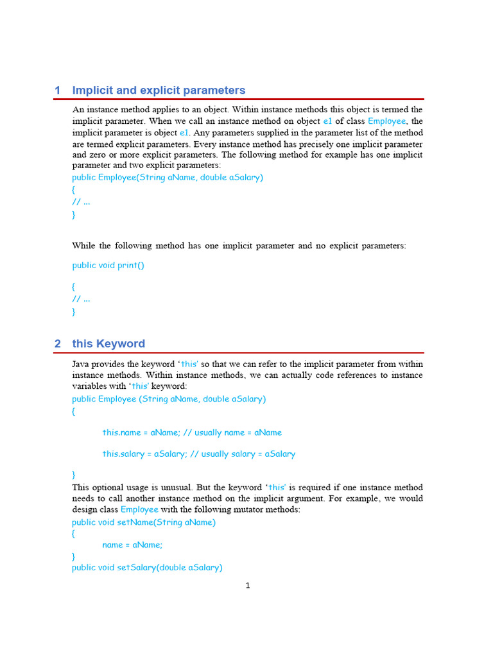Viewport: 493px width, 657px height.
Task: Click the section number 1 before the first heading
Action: (58, 90)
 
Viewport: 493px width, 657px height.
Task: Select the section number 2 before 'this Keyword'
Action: (58, 344)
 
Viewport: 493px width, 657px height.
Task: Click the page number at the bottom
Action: (248, 585)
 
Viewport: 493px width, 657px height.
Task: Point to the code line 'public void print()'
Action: (108, 265)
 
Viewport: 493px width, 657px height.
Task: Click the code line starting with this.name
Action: (192, 432)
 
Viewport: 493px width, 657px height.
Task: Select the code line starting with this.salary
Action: (198, 454)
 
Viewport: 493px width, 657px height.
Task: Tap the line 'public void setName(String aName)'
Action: (144, 522)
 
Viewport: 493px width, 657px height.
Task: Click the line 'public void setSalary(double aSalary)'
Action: (147, 567)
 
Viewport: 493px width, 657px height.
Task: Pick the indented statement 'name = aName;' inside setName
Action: (132, 545)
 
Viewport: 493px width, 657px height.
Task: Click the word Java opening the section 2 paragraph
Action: (81, 364)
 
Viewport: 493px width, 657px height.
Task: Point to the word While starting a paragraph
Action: (83, 246)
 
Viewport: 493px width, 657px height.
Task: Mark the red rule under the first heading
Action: (239, 99)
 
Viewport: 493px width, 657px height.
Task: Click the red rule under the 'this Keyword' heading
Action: (239, 353)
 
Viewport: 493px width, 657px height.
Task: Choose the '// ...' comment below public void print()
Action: (81, 298)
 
